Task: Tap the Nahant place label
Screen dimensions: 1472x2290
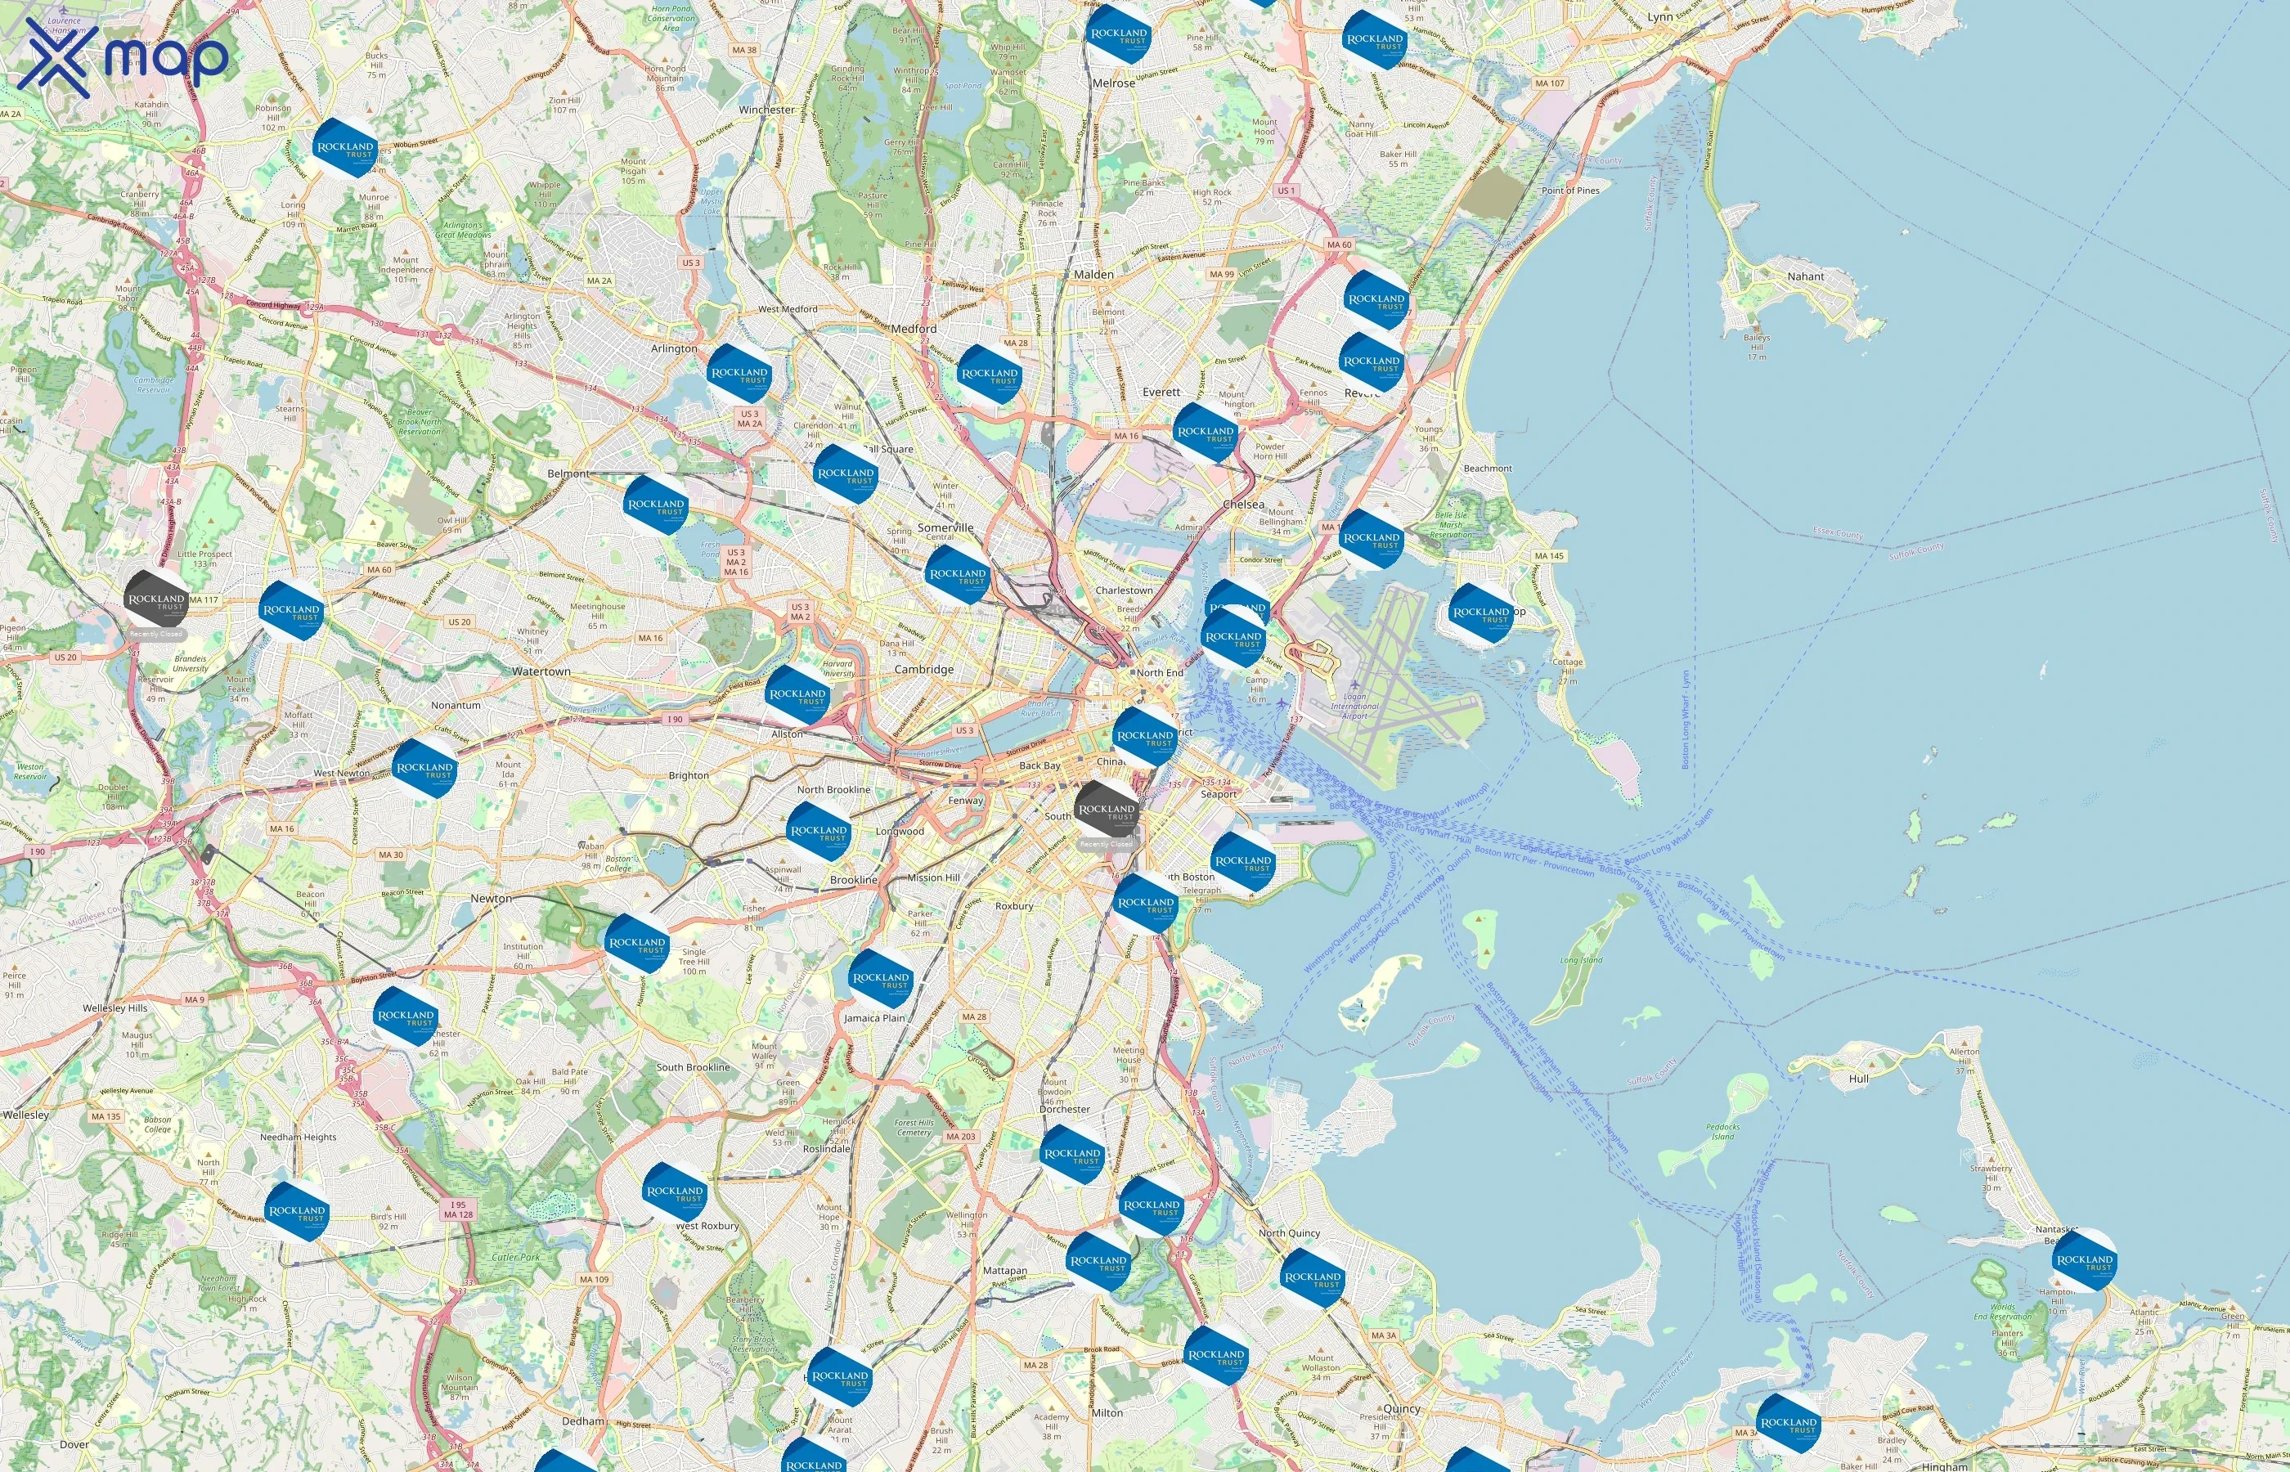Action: pyautogui.click(x=1806, y=276)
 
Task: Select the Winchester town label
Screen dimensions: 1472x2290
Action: pyautogui.click(x=766, y=110)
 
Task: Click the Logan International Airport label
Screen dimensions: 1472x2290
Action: pyautogui.click(x=1354, y=706)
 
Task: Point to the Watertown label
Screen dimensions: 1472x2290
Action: pyautogui.click(x=541, y=672)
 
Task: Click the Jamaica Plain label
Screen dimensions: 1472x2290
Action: pyautogui.click(x=873, y=1018)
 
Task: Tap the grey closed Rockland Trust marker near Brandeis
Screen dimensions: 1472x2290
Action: pyautogui.click(x=157, y=602)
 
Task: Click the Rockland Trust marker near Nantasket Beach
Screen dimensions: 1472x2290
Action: pyautogui.click(x=2084, y=1261)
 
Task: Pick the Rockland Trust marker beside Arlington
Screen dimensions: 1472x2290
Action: pyautogui.click(x=739, y=375)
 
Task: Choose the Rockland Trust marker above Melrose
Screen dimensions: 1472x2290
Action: pyautogui.click(x=1119, y=34)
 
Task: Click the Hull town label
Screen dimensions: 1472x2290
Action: pyautogui.click(x=1859, y=1078)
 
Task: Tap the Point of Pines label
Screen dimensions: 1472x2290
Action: pyautogui.click(x=1570, y=191)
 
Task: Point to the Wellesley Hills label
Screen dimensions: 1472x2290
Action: pyautogui.click(x=114, y=1008)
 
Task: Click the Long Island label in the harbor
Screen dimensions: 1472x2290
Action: pyautogui.click(x=1581, y=960)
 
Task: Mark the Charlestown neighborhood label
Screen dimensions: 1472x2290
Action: pyautogui.click(x=1124, y=590)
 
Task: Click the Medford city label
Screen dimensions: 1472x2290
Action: pyautogui.click(x=914, y=329)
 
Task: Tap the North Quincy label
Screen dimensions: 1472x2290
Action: pyautogui.click(x=1289, y=1233)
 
